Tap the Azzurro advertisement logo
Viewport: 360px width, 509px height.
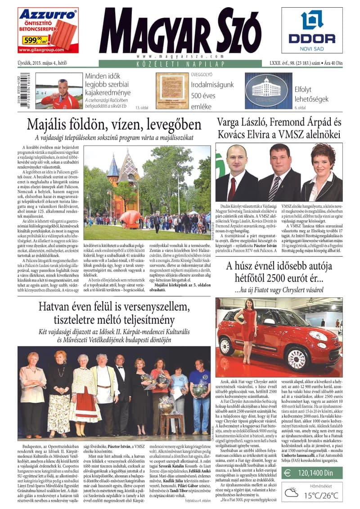47,15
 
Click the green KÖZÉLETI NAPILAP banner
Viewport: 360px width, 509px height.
180,65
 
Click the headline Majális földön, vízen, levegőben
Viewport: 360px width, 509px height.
114,125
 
